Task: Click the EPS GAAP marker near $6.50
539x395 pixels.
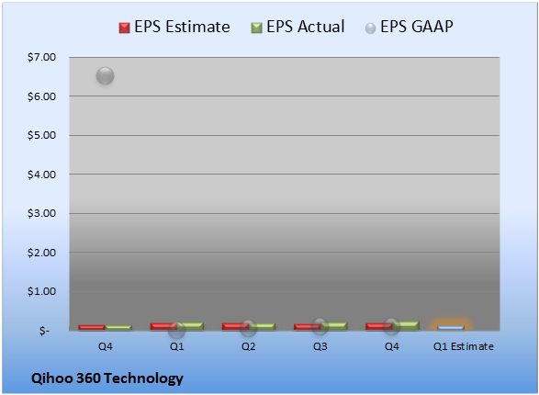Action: (x=106, y=75)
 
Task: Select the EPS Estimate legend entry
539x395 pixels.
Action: (x=174, y=27)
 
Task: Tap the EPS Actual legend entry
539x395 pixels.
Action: (x=298, y=27)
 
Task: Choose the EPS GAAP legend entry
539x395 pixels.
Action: (x=409, y=27)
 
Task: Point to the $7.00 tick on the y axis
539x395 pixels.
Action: (x=41, y=57)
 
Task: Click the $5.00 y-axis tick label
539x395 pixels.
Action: (x=41, y=135)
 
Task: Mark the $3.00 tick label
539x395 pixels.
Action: (x=41, y=213)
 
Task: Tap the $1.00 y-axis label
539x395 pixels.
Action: (x=41, y=291)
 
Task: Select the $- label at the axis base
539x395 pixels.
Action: (x=44, y=331)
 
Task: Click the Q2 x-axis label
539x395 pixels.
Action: (x=249, y=346)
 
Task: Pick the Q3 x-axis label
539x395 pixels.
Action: (x=320, y=346)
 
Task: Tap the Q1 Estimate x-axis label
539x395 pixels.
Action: (x=464, y=346)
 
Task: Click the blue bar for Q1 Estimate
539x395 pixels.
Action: (x=451, y=328)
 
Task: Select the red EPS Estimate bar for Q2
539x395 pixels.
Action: (x=235, y=326)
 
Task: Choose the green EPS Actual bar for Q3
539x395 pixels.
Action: (x=334, y=326)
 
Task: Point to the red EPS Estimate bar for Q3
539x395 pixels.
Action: (x=307, y=327)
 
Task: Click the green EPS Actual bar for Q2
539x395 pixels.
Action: (x=262, y=326)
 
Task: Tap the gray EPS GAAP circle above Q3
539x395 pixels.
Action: (x=320, y=326)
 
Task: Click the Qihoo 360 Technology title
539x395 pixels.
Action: (x=107, y=378)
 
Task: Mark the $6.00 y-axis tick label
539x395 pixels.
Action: (x=41, y=96)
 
